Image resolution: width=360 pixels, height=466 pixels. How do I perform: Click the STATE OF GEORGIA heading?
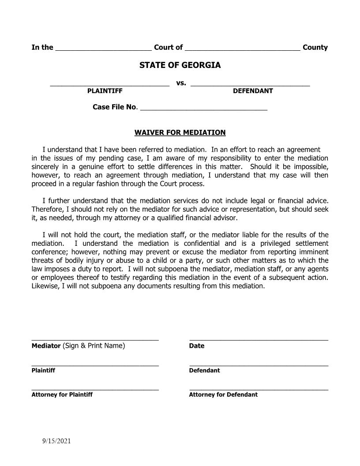pos(180,65)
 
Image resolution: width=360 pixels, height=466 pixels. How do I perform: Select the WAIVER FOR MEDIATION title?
pos(180,132)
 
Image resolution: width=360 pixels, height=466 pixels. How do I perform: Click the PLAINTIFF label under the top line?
pos(105,91)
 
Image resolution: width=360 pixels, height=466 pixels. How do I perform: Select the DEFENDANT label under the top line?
pos(253,91)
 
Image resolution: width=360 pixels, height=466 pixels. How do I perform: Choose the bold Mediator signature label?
pos(46,346)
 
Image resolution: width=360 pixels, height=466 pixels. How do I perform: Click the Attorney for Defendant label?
pos(223,395)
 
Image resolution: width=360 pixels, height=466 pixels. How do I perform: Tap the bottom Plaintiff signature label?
pos(43,370)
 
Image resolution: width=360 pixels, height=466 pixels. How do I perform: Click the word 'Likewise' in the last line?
pos(45,286)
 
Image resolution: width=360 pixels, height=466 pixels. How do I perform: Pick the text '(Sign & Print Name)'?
pos(94,346)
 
